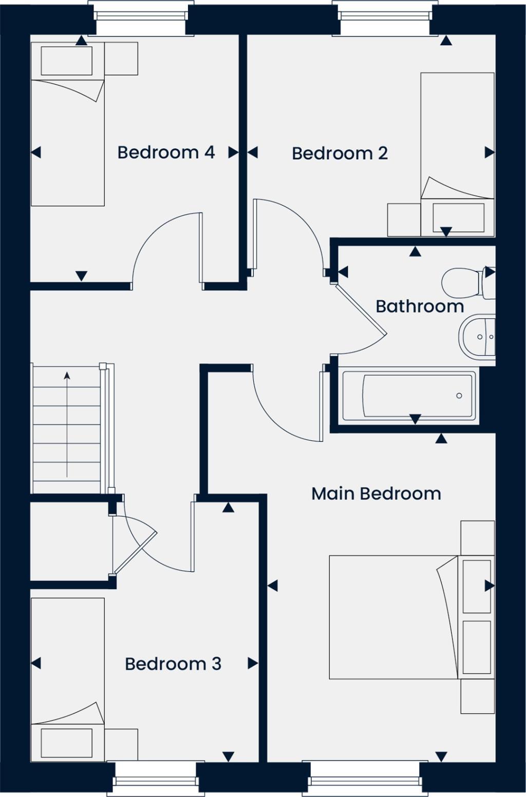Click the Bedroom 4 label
click(x=166, y=152)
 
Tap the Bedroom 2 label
click(x=340, y=153)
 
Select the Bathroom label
click(x=420, y=306)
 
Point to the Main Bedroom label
click(x=376, y=494)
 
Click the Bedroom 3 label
click(x=173, y=664)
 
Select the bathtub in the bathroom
click(x=409, y=396)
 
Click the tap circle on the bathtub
click(x=459, y=396)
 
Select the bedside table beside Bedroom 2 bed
click(x=404, y=220)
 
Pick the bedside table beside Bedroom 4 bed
click(x=121, y=58)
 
